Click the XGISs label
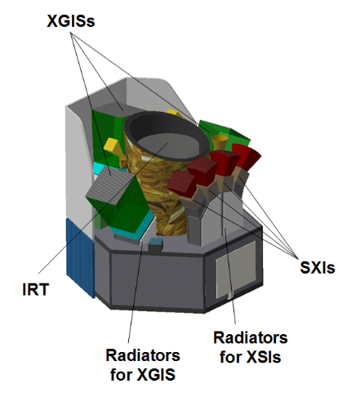(x=71, y=21)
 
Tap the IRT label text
(x=35, y=289)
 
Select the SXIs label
(x=318, y=267)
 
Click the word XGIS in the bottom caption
(x=156, y=374)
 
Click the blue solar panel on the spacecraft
(x=80, y=257)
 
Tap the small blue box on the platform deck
(x=155, y=243)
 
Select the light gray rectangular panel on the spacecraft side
(x=236, y=269)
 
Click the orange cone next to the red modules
(x=220, y=141)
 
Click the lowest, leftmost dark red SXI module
(x=181, y=183)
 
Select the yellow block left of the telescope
(x=112, y=145)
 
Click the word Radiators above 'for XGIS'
(x=143, y=355)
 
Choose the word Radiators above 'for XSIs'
(x=251, y=337)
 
